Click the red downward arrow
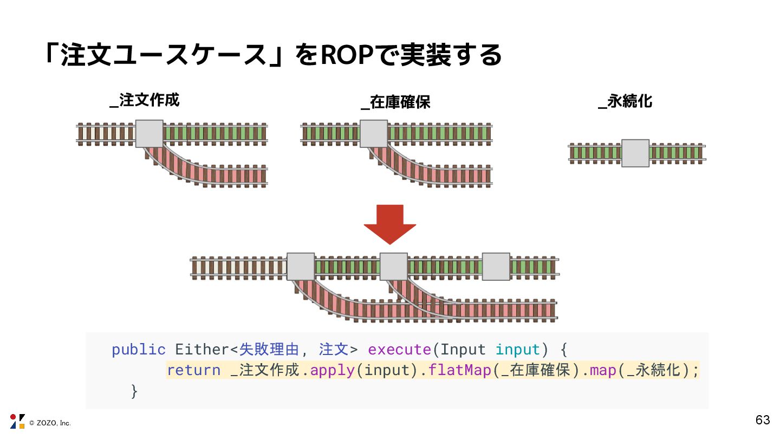pos(390,224)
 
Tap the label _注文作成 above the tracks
pos(145,100)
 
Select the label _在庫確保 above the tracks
pos(396,102)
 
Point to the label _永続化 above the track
pos(626,101)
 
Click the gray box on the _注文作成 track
pos(149,134)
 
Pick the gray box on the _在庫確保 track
pos(374,134)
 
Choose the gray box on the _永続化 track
pos(635,153)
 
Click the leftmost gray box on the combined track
pos(301,266)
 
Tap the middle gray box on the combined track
pos(394,266)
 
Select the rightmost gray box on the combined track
pos(496,266)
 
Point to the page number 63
pos(762,420)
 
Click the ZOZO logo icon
pos(17,421)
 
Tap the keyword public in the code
pos(139,350)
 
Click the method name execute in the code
pos(400,350)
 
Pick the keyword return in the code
pos(193,371)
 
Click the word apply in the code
pos(332,371)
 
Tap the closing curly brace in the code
pos(134,391)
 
